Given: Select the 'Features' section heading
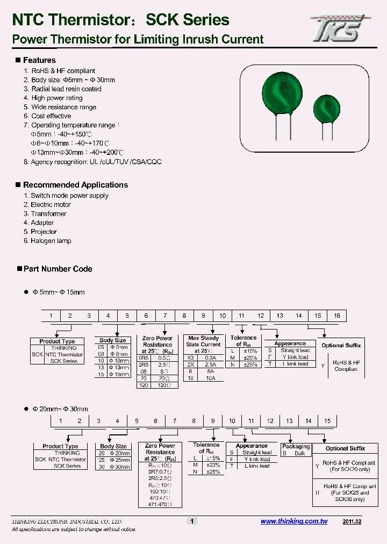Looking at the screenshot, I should coord(39,60).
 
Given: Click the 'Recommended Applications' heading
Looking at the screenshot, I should coord(75,185).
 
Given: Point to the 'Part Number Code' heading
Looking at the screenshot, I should coord(58,269).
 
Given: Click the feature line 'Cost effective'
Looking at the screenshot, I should coord(51,116).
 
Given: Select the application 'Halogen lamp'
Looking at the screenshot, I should coord(51,241).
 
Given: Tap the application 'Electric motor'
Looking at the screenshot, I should coord(51,205).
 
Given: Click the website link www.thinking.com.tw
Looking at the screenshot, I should coord(294,521).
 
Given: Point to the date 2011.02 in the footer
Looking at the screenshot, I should coord(352,521).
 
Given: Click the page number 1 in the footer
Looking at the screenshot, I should coord(192,521).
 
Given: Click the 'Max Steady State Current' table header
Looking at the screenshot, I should coord(204,341).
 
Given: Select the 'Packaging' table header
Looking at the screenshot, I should coord(296,446).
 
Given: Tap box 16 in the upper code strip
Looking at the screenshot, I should coord(337,316).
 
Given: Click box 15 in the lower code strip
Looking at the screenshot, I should coord(327,421).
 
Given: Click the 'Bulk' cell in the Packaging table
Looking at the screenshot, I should coord(299,453).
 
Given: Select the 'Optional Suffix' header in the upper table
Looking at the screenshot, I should coord(341,346).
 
